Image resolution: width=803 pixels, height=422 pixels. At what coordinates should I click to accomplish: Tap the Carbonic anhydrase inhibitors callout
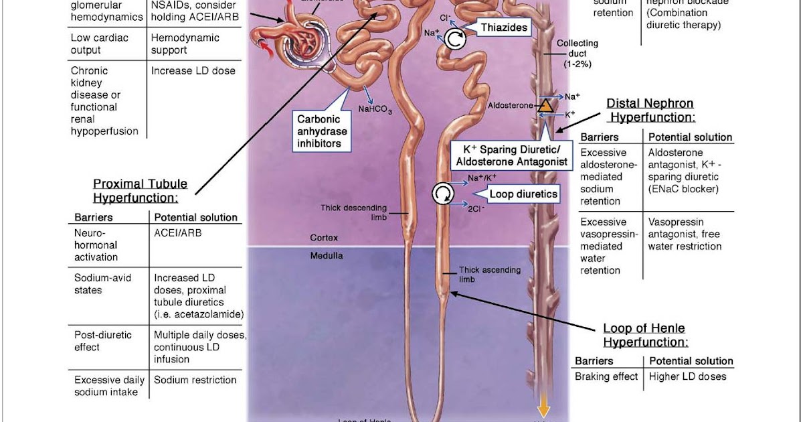[x=319, y=131]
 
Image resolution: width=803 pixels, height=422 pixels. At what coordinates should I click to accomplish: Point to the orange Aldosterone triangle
[x=546, y=105]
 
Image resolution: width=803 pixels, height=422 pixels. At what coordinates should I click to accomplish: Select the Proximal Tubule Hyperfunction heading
[x=140, y=190]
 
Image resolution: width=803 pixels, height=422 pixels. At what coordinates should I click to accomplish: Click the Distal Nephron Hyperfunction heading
[x=650, y=110]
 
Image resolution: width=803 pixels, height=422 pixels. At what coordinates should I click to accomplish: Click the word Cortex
[x=324, y=238]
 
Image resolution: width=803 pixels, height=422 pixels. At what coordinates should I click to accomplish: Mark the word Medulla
[x=327, y=255]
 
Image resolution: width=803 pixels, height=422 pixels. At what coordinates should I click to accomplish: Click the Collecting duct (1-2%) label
[x=577, y=54]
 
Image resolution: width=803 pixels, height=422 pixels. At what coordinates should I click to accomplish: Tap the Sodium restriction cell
[x=195, y=380]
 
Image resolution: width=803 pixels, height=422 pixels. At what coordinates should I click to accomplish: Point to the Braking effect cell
[x=606, y=376]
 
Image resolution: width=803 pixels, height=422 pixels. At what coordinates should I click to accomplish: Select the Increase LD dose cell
[x=193, y=70]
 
